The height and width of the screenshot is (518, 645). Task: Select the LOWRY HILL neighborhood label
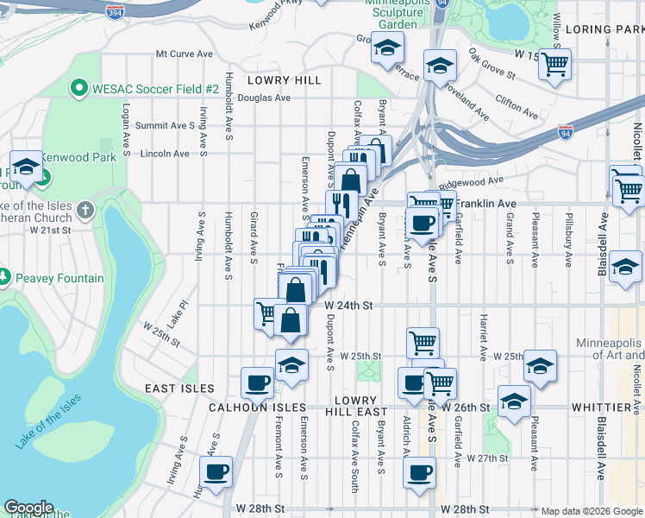[284, 80]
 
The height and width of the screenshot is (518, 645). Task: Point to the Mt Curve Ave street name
[184, 54]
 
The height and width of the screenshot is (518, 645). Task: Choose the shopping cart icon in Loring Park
[554, 62]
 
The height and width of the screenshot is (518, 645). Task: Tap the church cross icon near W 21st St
[85, 209]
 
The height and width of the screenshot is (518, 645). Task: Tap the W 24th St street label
[348, 306]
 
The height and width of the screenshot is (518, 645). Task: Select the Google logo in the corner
[29, 508]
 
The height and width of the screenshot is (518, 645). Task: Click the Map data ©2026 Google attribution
[592, 511]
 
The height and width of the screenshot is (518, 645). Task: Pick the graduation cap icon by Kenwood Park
[25, 167]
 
